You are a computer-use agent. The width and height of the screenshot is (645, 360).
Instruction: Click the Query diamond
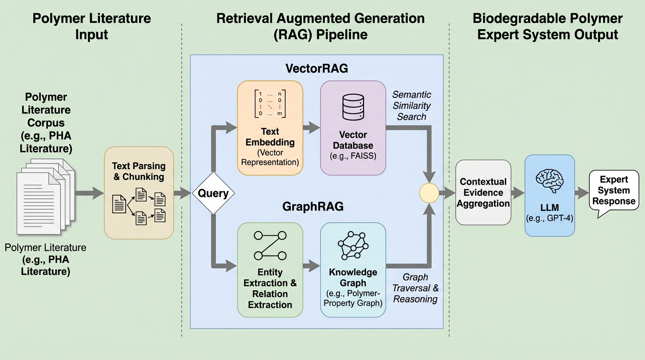click(x=213, y=193)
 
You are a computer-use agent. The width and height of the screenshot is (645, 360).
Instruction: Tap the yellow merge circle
click(x=429, y=193)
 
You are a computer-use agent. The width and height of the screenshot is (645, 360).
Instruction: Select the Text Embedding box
click(x=270, y=128)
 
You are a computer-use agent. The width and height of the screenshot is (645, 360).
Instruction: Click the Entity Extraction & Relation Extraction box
click(x=270, y=269)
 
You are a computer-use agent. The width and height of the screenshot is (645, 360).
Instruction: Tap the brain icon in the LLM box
click(x=549, y=181)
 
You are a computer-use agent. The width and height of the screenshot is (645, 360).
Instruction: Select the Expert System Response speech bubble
click(x=614, y=191)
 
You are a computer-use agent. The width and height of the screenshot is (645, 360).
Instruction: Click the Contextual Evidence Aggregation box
click(x=483, y=192)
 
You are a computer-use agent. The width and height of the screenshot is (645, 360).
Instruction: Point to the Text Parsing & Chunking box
click(x=139, y=192)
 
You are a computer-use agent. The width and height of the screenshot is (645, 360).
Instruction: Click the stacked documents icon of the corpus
click(x=43, y=199)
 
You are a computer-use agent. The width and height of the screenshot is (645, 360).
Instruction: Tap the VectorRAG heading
click(x=317, y=68)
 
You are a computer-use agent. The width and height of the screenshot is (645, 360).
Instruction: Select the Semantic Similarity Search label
click(x=412, y=105)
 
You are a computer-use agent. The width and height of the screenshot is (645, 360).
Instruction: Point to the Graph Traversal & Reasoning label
click(x=415, y=288)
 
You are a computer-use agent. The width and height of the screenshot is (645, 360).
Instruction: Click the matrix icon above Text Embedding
click(x=270, y=103)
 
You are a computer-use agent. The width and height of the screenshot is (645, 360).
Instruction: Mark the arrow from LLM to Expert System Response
click(x=582, y=192)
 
